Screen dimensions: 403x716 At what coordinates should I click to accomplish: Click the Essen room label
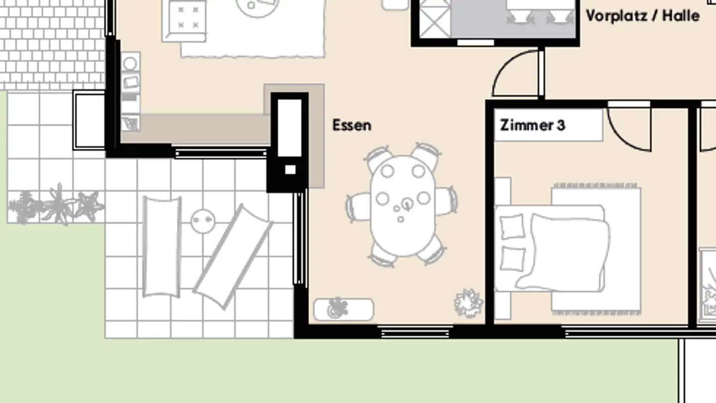click(352, 125)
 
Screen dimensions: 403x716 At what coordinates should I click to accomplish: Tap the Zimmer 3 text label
click(533, 125)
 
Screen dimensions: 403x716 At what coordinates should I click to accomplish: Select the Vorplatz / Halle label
click(642, 16)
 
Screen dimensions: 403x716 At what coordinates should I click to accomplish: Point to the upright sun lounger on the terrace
click(162, 247)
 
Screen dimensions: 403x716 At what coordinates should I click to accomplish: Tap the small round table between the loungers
click(203, 220)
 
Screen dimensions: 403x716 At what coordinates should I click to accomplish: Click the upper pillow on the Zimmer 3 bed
click(512, 227)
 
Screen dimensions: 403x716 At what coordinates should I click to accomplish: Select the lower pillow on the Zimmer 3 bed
click(512, 259)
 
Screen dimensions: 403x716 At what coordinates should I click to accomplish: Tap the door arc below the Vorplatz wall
click(515, 75)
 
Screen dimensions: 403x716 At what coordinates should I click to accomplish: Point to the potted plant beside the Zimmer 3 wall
click(468, 302)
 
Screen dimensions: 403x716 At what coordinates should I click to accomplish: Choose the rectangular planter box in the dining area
click(344, 309)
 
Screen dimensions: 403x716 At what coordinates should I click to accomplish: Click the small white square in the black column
click(290, 170)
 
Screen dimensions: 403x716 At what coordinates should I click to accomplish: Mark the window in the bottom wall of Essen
click(415, 331)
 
